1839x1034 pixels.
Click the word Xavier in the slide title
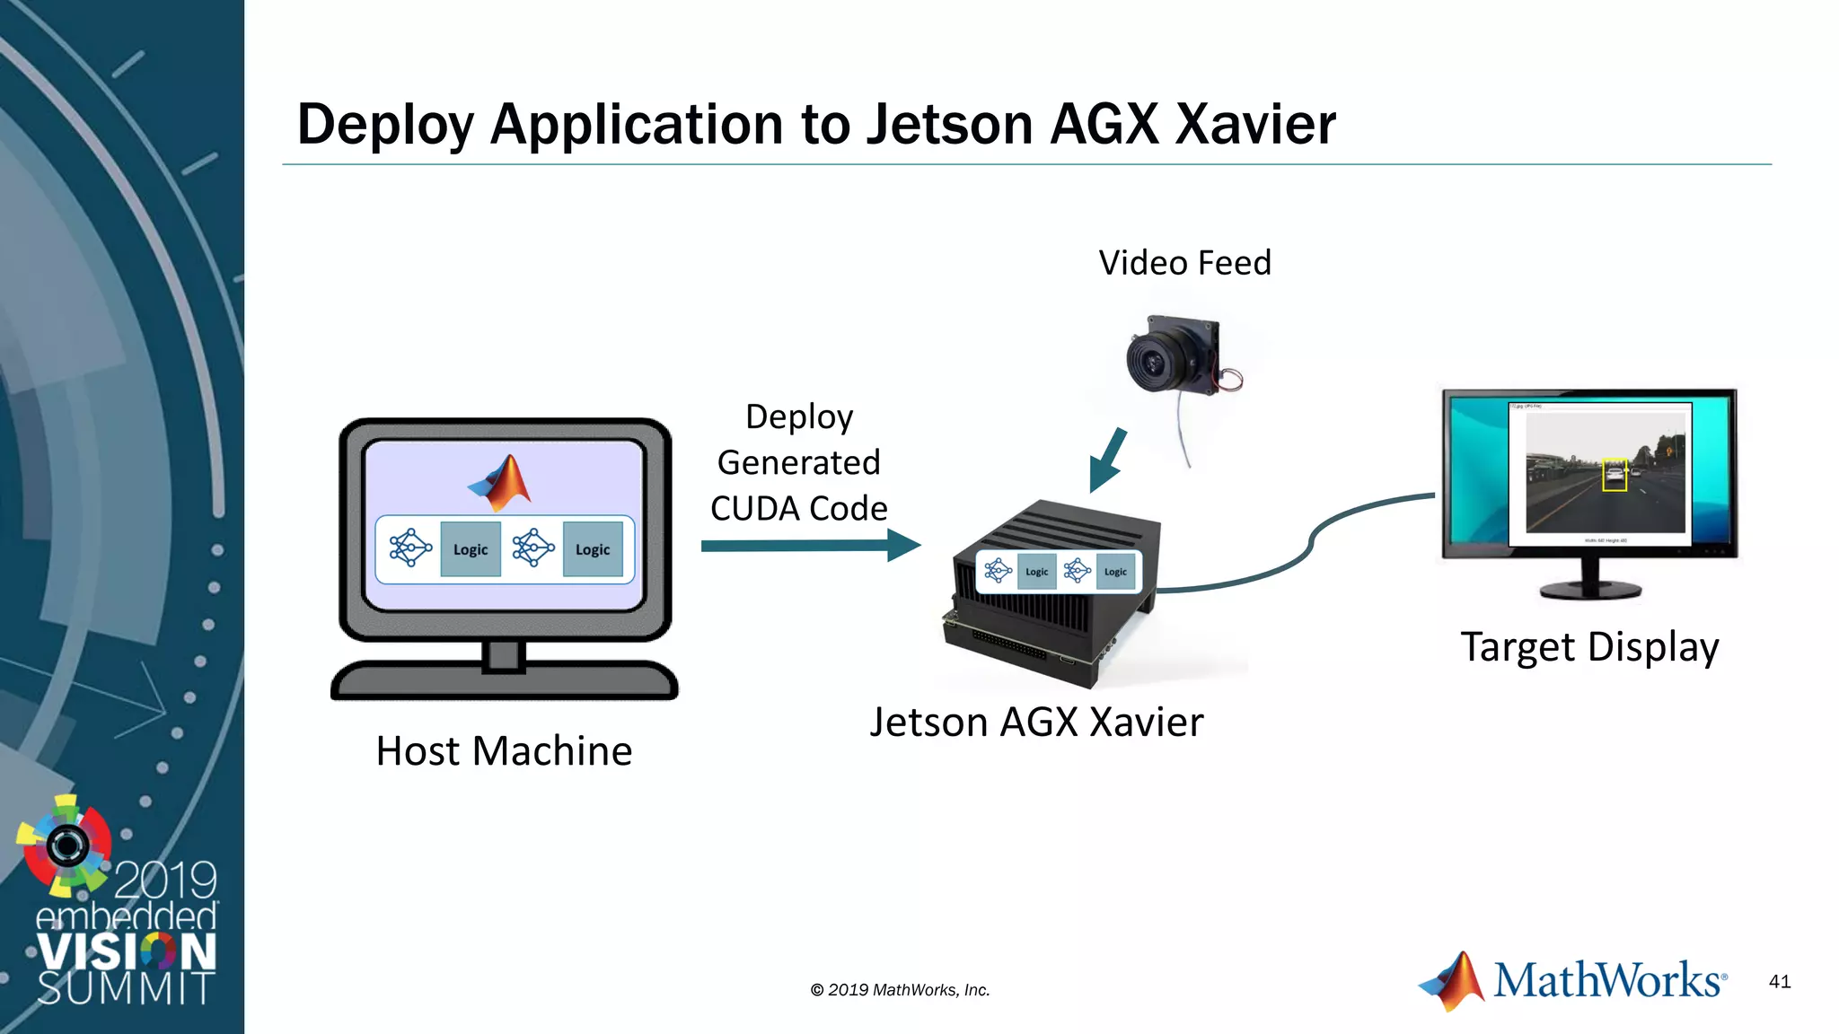pos(1255,124)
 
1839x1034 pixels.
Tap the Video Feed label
pos(1184,263)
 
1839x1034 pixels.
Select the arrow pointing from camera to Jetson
pos(1108,460)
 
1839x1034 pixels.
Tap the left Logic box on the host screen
pos(471,549)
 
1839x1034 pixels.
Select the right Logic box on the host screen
pos(593,549)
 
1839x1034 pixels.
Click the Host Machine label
pos(504,750)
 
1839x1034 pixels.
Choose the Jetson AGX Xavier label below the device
pos(1036,722)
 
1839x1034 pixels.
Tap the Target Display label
pos(1589,647)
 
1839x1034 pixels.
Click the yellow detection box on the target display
pos(1615,475)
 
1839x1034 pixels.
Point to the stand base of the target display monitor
pos(1590,591)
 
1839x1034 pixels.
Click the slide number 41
pos(1780,981)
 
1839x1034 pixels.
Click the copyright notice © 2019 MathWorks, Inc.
pos(900,990)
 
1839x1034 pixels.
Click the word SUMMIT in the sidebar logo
pos(126,987)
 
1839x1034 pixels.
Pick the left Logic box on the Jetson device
pos(1036,572)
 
